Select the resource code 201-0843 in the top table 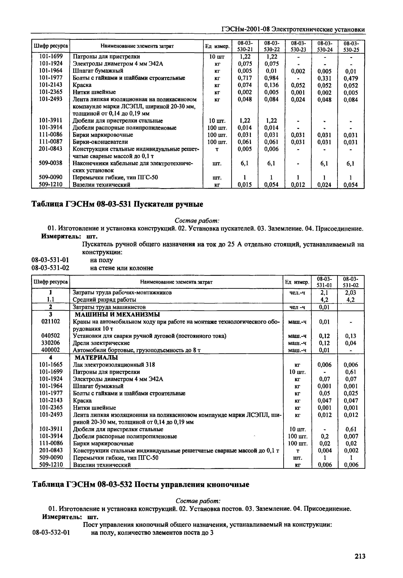[x=50, y=149]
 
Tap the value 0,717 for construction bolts [x=245, y=78]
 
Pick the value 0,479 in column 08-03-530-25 [x=351, y=78]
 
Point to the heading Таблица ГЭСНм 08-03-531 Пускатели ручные [x=117, y=204]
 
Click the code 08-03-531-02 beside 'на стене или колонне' [x=50, y=268]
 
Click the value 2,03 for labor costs [x=351, y=292]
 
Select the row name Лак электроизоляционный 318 [x=114, y=365]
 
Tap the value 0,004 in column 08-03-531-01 [x=324, y=450]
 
